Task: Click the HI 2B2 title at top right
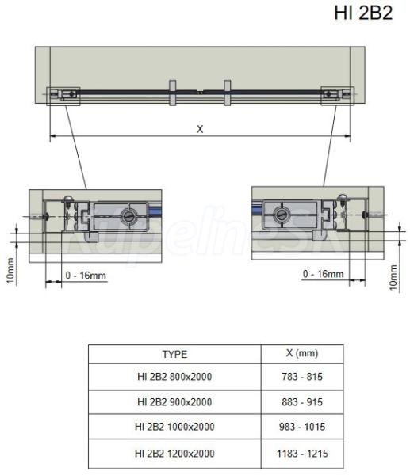pos(363,13)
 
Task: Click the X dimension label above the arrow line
pos(200,129)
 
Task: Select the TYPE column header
pos(174,354)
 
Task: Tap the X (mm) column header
pos(302,353)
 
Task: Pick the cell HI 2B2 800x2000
pos(174,377)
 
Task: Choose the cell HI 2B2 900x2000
pos(174,402)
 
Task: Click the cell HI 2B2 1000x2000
pos(174,427)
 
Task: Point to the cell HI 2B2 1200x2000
pos(174,454)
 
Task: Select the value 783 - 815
pos(302,377)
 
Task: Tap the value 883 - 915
pos(302,402)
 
